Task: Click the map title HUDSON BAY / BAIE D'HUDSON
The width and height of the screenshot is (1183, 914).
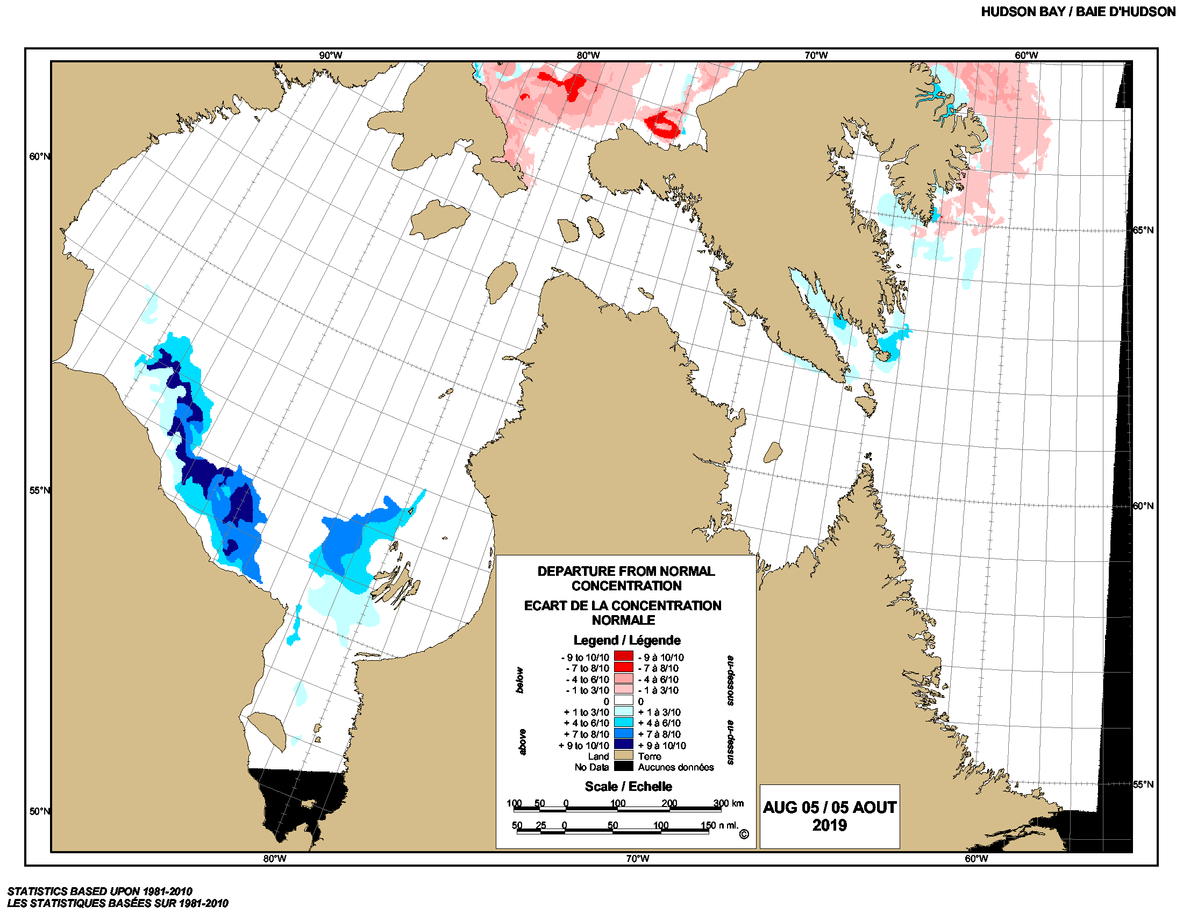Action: (x=1078, y=12)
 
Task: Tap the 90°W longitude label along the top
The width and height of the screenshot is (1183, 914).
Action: (x=330, y=55)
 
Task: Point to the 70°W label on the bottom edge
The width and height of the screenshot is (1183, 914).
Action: (x=637, y=858)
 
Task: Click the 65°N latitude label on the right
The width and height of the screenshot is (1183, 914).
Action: (x=1143, y=230)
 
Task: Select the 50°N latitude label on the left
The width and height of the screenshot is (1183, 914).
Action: (x=40, y=811)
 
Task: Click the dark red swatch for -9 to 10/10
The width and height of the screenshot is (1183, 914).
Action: (x=623, y=656)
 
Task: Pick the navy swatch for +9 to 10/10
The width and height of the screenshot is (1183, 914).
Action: (x=623, y=745)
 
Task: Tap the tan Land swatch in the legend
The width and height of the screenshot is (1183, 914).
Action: (x=623, y=755)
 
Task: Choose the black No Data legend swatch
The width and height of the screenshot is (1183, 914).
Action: (x=623, y=766)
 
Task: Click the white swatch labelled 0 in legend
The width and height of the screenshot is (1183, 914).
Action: (x=623, y=701)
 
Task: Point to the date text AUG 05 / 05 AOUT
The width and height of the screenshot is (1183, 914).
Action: (x=829, y=808)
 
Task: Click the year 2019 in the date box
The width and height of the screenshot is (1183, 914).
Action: (x=829, y=825)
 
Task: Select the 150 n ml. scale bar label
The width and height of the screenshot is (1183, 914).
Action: (x=719, y=825)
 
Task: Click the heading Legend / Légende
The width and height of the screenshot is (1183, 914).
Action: (x=626, y=640)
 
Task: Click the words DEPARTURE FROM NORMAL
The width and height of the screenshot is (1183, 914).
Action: (x=625, y=571)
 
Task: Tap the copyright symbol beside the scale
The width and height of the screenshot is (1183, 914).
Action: (x=744, y=834)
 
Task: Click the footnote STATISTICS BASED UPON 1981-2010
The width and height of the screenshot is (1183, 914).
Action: (x=99, y=891)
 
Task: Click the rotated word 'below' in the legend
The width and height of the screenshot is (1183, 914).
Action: (x=520, y=680)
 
